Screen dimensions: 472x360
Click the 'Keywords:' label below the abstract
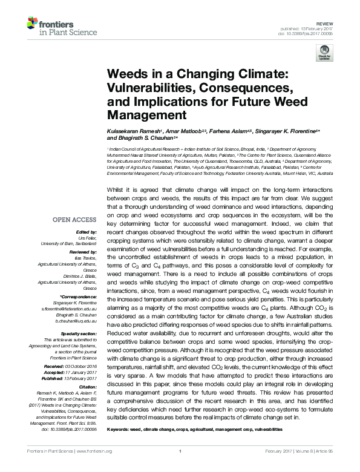(x=120, y=429)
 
